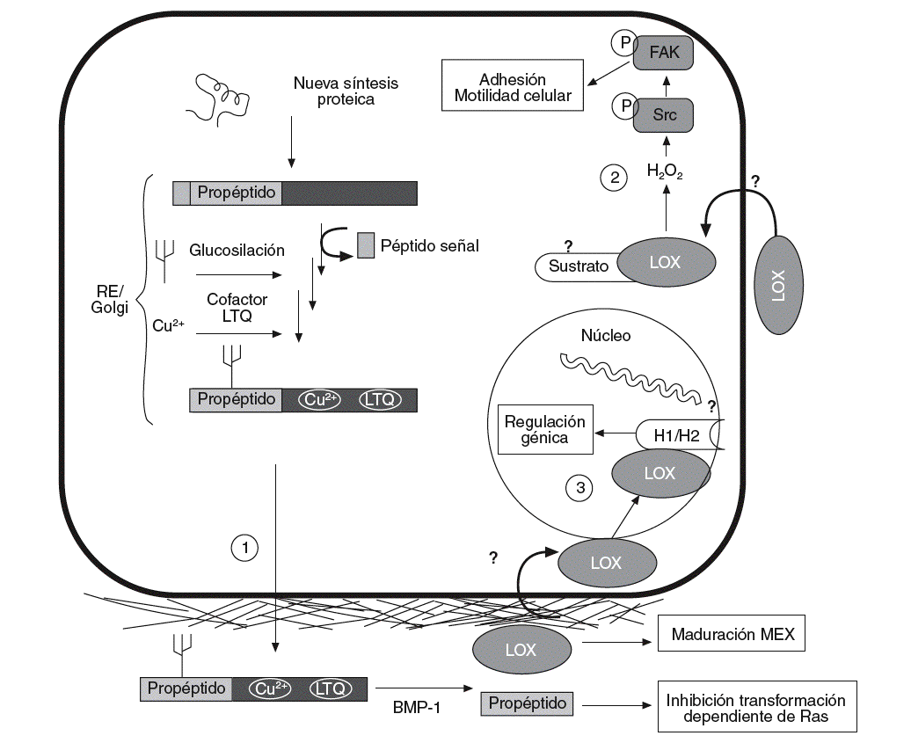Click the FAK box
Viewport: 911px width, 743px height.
664,52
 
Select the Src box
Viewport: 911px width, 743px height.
664,114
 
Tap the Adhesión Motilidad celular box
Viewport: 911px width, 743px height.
513,85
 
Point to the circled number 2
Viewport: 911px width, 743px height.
614,178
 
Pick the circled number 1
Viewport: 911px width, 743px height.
244,547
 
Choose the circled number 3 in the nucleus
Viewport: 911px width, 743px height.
578,488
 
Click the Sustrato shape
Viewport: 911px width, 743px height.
578,266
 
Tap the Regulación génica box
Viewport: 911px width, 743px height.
545,428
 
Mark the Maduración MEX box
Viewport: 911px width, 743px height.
731,634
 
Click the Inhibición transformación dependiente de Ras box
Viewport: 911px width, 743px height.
756,708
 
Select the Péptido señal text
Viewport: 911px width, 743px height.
430,245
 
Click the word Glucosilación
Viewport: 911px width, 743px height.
237,250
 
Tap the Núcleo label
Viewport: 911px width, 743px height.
606,336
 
